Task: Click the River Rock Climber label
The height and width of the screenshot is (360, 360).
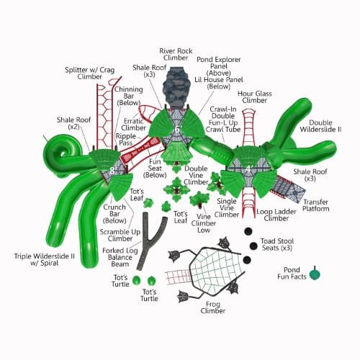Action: point(176,54)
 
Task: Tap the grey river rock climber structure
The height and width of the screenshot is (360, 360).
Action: point(174,88)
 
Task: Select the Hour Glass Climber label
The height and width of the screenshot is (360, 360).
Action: point(255,97)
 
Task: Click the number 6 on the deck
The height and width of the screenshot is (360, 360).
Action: point(177,129)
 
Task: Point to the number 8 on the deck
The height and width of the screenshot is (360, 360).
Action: point(112,171)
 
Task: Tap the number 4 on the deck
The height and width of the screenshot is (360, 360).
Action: point(248,169)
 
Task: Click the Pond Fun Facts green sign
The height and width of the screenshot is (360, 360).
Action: point(315,274)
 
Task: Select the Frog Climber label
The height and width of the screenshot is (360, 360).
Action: point(213,307)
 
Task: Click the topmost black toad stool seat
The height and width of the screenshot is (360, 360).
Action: point(248,231)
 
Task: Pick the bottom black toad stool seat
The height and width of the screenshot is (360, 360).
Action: point(247,260)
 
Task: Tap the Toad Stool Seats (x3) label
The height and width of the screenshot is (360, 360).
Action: point(277,244)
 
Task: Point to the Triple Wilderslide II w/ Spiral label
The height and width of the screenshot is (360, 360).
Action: point(45,259)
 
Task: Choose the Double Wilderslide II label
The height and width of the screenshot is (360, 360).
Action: point(320,126)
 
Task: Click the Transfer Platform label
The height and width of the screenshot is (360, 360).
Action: point(315,205)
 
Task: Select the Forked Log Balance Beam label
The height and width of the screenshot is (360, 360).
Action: point(120,257)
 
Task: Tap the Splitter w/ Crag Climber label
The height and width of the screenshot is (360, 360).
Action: point(90,73)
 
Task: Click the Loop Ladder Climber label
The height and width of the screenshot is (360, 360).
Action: point(276,215)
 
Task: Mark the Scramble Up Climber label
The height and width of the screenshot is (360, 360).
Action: point(120,235)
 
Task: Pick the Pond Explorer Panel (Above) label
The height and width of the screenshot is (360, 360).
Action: point(219,66)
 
